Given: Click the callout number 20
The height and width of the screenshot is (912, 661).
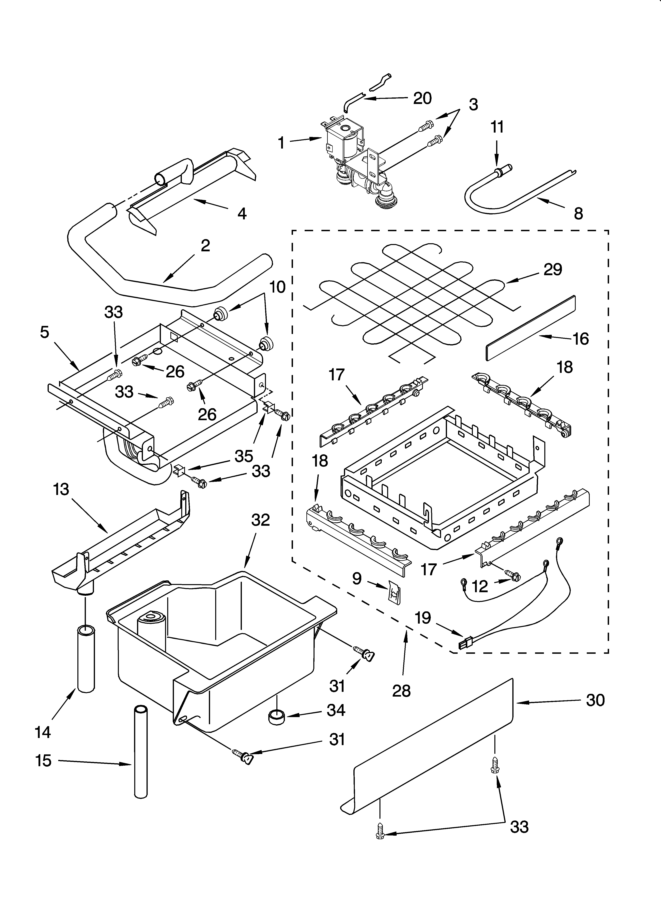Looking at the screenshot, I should tap(422, 98).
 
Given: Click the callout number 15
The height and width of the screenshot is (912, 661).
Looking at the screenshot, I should tap(43, 761).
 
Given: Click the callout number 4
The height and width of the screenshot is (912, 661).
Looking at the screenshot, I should tap(241, 213).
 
